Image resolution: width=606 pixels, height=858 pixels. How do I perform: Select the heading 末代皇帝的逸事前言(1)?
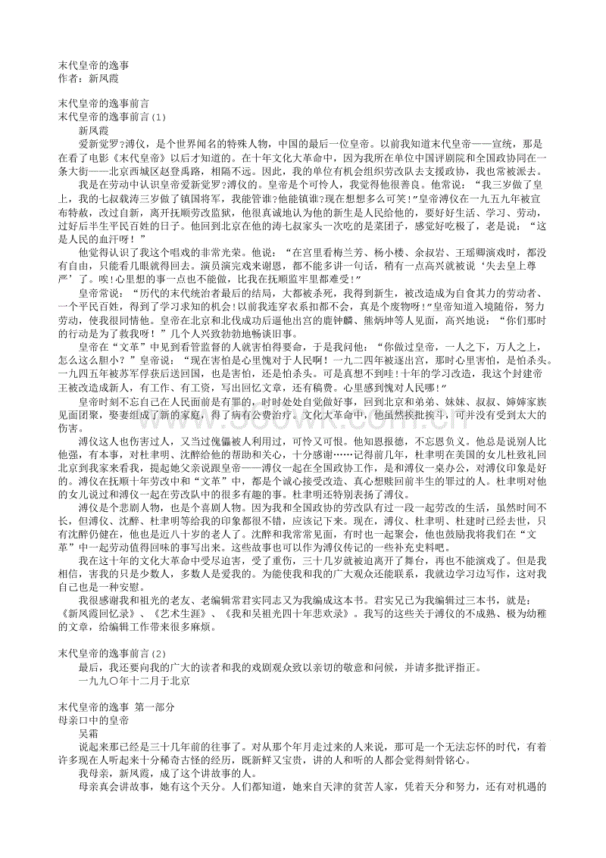(x=111, y=117)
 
